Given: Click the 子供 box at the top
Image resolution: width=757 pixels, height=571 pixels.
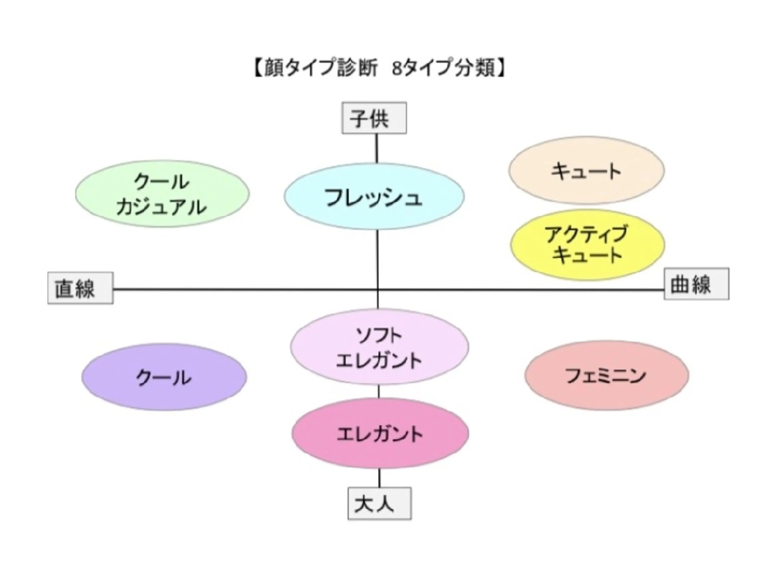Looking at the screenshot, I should point(374,118).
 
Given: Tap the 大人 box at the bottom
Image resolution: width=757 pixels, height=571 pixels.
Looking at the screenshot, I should point(379,504).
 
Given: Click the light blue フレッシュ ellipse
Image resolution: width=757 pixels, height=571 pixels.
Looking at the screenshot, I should point(374,197).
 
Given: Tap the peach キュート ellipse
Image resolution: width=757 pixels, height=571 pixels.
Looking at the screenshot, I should point(586,171).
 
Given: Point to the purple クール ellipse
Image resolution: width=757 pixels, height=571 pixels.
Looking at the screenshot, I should point(164,377).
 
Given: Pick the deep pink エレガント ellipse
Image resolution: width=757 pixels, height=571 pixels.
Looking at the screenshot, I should point(380,433).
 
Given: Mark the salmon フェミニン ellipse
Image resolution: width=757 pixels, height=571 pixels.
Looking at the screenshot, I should point(606,375).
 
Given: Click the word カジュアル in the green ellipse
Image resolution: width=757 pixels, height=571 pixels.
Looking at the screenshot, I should point(161,207).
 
